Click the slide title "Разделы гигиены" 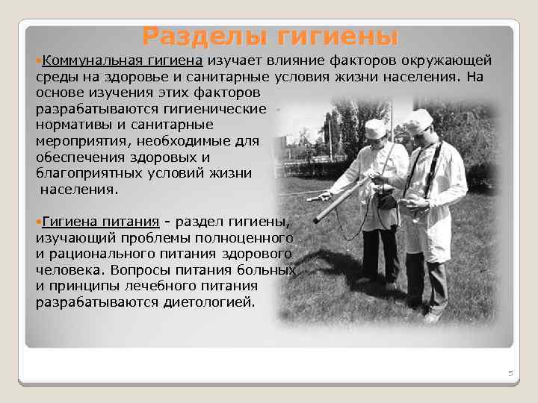tap(270, 35)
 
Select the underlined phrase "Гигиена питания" tap(101, 222)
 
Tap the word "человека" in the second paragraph tap(64, 270)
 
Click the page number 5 tap(510, 373)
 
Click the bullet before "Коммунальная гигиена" tap(38, 60)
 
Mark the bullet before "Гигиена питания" tap(38, 222)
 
